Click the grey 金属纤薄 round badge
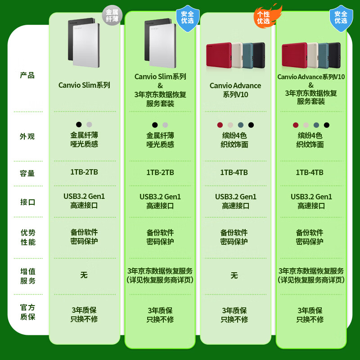coord(112,15)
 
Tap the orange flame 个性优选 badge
coord(267,16)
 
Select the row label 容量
coord(27,173)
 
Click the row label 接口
coord(27,202)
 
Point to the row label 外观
coord(27,136)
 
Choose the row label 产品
coord(27,75)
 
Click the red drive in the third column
coord(219,55)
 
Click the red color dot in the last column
coord(296,125)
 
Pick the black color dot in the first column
coord(79,125)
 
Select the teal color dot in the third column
coord(241,125)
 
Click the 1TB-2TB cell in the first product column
coord(84,172)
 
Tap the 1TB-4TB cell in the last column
coord(310,172)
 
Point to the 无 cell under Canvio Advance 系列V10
coord(234,275)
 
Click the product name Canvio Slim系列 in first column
coord(84,85)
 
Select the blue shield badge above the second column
coord(188,18)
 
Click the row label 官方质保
coord(27,312)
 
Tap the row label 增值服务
coord(27,276)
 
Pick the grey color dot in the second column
coord(165,125)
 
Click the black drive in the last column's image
coord(335,55)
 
